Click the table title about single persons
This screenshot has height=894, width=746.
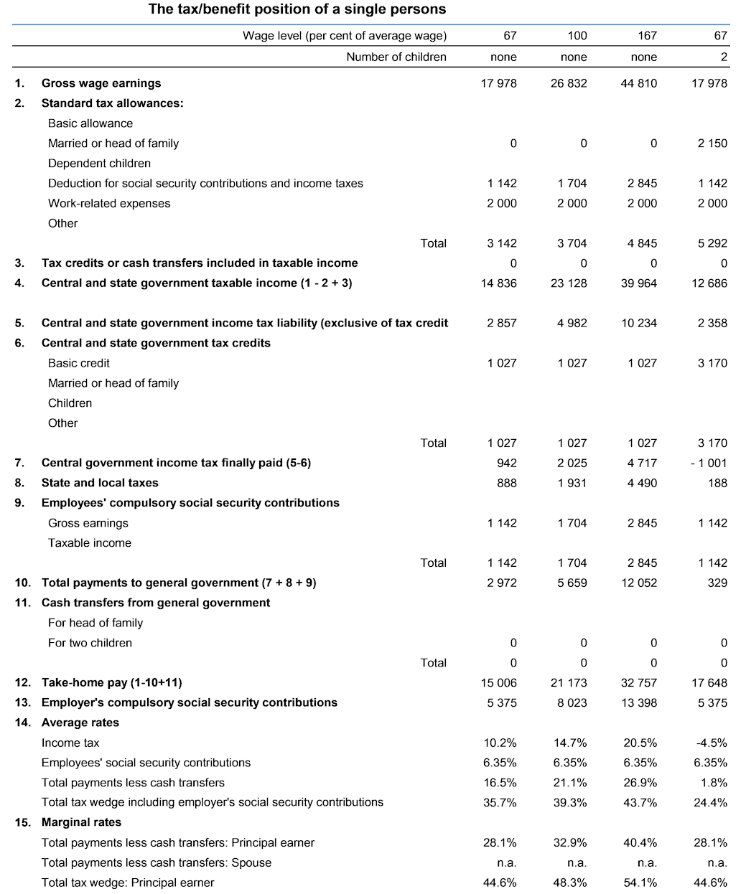[x=297, y=9]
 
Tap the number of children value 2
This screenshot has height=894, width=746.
[x=724, y=57]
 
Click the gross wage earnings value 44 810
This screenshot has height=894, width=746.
[x=638, y=83]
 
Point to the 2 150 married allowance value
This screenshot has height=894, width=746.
[x=712, y=143]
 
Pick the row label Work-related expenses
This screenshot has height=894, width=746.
[x=109, y=203]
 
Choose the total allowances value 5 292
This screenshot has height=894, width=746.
[x=712, y=243]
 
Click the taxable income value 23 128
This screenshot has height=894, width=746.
[x=568, y=283]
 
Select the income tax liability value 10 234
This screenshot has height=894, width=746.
[x=638, y=323]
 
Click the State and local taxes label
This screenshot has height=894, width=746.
[x=100, y=483]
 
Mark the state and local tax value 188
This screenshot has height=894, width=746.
[x=717, y=483]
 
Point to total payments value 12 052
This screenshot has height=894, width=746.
[x=638, y=583]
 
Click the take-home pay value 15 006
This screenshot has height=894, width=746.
[x=498, y=682]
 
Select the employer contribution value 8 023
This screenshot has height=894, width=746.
[x=572, y=702]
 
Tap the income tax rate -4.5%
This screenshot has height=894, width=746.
[x=712, y=743]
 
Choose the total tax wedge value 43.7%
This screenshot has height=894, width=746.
[x=640, y=802]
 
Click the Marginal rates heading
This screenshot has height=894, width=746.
[x=81, y=822]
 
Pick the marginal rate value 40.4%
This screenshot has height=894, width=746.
[x=640, y=842]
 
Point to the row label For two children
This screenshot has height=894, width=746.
[x=90, y=643]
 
